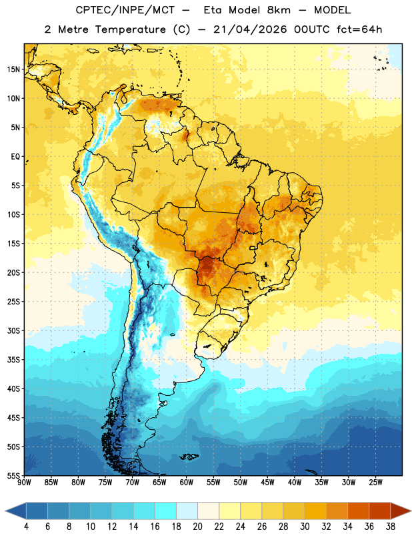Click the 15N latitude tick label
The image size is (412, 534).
tap(13, 69)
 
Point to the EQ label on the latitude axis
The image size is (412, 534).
tap(15, 157)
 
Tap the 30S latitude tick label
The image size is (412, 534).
tap(13, 330)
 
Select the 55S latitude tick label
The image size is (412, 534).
tap(13, 475)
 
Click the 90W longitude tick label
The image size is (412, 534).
tap(24, 483)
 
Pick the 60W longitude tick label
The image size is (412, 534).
tap(187, 483)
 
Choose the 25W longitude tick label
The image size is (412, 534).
tap(375, 483)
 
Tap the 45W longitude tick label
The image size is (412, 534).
tap(267, 483)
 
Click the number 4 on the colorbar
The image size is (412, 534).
tap(26, 527)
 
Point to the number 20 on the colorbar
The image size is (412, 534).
tap(197, 527)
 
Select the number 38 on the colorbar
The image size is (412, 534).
tap(391, 527)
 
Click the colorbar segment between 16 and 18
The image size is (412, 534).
tap(165, 511)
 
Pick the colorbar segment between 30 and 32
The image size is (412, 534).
tap(315, 511)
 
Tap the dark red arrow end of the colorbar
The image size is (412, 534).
tap(400, 511)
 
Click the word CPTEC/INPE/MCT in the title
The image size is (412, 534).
tap(125, 10)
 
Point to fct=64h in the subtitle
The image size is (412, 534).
tap(359, 29)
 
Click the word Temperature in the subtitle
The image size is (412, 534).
tap(130, 29)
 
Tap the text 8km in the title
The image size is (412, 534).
tap(279, 10)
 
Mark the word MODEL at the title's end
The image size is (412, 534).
tap(332, 10)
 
